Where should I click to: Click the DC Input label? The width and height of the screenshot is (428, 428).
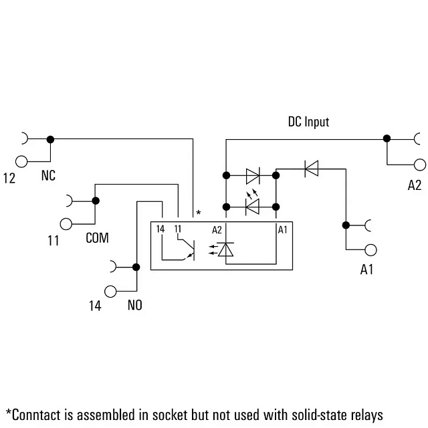308,122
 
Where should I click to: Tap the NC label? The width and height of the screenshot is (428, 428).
48,175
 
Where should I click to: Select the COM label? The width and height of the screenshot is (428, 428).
97,238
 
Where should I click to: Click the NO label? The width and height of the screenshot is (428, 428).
135,305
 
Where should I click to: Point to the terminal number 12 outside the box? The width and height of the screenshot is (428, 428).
9,179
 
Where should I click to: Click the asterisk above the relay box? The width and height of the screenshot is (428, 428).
199,213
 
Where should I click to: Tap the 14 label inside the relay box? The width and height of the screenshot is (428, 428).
160,229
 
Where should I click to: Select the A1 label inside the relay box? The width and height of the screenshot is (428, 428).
282,230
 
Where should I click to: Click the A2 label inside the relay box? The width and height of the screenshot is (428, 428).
217,230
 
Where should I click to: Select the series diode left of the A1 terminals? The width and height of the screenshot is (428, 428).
312,169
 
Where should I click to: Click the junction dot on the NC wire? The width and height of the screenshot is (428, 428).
50,139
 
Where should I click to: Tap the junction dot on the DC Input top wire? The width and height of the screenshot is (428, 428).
387,138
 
